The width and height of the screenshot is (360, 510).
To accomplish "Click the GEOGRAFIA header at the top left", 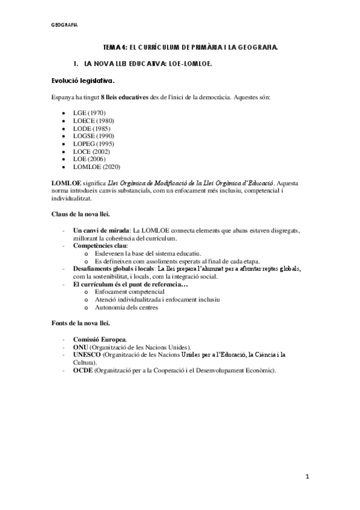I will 64,25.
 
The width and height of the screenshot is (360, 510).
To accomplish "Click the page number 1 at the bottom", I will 307,477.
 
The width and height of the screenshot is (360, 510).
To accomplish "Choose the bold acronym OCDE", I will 83,370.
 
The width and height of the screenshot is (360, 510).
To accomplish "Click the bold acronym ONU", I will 81,347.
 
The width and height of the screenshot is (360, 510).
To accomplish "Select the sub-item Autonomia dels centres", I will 126,308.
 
